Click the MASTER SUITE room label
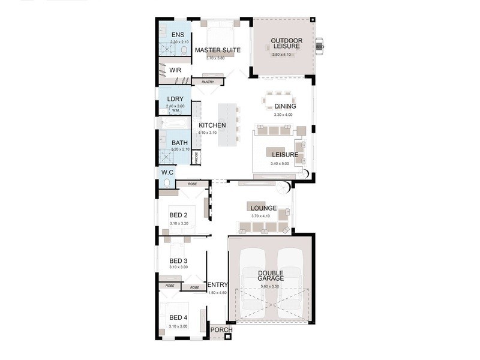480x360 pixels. (217, 50)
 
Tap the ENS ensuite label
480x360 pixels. (178, 35)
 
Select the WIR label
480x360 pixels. (175, 70)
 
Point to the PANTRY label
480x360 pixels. (208, 82)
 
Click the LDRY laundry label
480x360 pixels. (175, 99)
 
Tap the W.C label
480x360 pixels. (167, 173)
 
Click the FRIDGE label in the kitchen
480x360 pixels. (196, 158)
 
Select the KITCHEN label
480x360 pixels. (212, 125)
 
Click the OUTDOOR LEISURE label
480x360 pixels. (286, 44)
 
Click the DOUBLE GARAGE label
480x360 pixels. (271, 277)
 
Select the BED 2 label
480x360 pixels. (179, 215)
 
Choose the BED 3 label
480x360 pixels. (179, 260)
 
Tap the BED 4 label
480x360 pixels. (179, 317)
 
